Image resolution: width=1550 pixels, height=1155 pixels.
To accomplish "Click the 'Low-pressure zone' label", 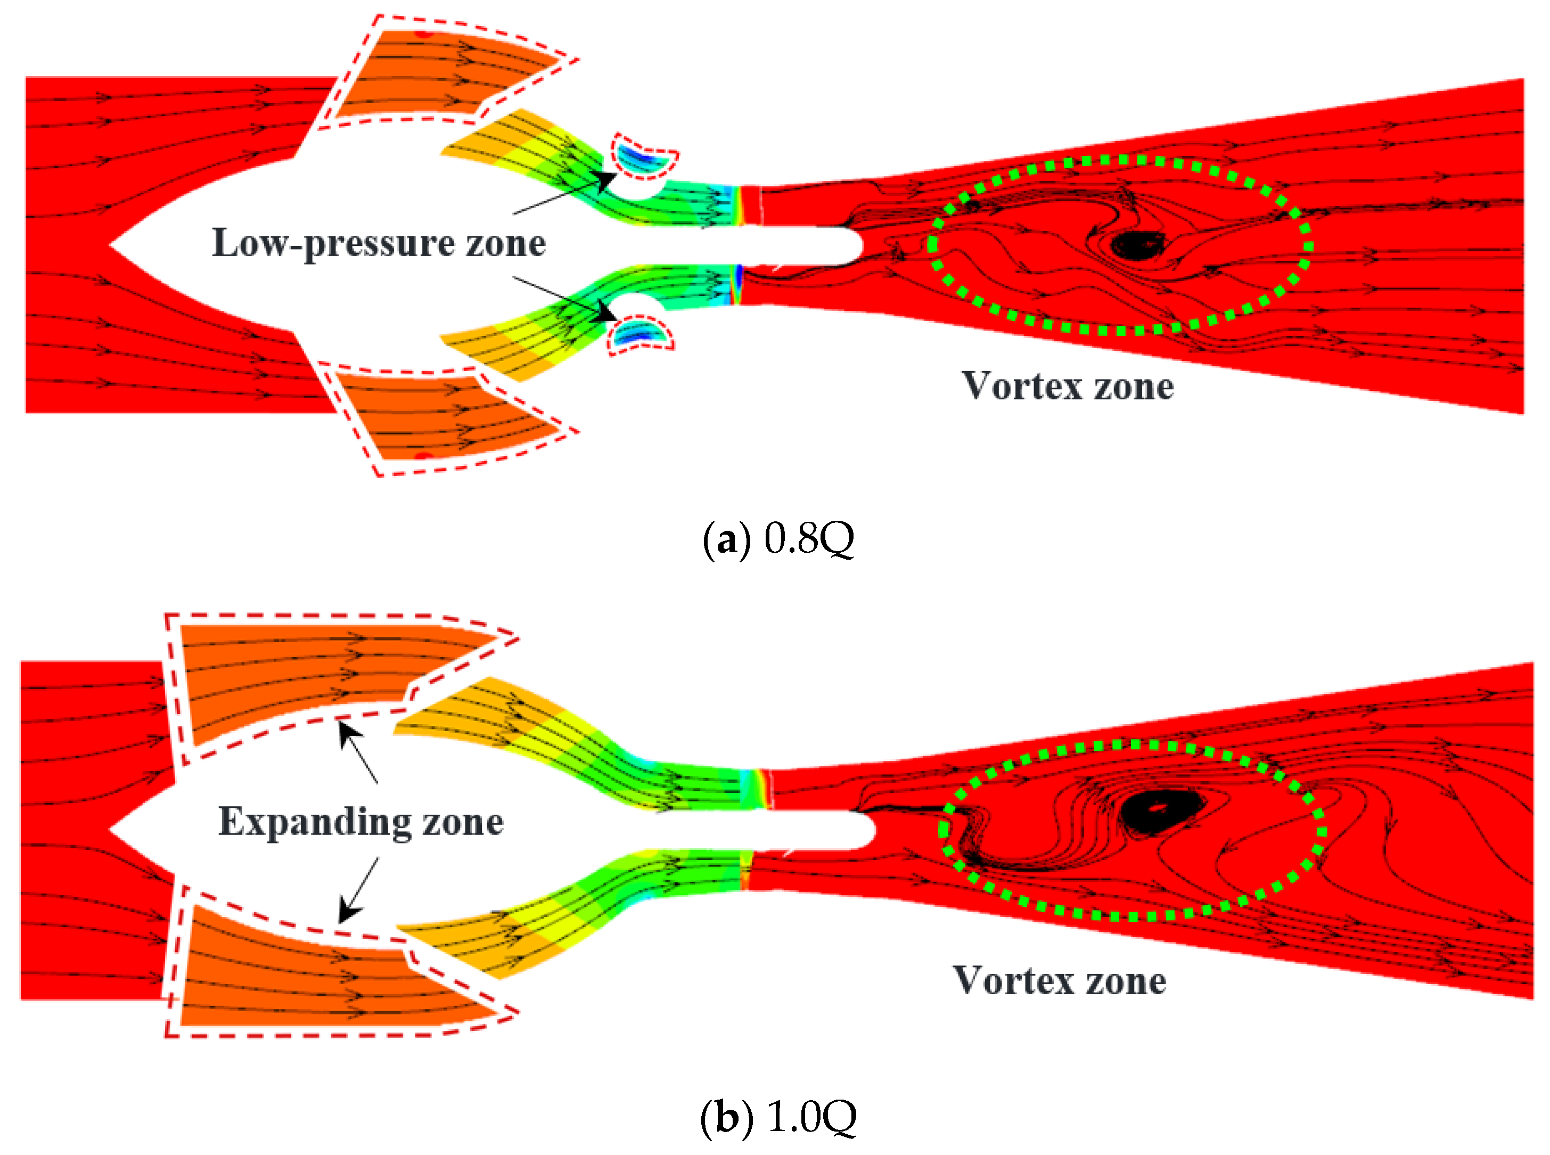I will click(x=378, y=243).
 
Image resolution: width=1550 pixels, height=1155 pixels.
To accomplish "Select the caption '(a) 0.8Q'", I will click(x=777, y=538).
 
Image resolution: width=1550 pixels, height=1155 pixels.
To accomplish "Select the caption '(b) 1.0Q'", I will click(x=777, y=1117).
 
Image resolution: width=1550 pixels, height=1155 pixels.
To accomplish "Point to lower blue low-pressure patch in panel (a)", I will click(x=637, y=334).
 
